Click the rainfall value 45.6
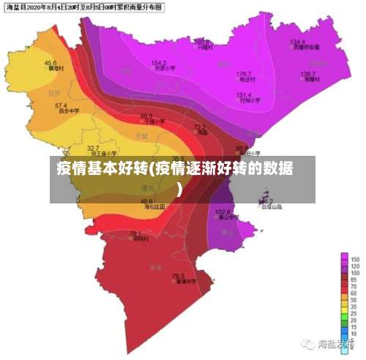tap(51, 63)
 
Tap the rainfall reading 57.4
tap(61, 106)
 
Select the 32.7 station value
tap(93, 148)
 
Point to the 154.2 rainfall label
tap(159, 63)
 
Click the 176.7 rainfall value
tap(244, 74)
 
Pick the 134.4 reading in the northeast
tap(297, 42)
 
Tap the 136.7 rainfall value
tap(307, 74)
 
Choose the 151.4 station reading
tap(244, 95)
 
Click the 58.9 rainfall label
tap(146, 116)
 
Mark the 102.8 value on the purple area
tap(223, 211)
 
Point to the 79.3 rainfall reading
tap(178, 276)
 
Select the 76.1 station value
tap(135, 233)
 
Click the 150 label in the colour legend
tap(354, 260)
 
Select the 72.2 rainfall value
tap(199, 127)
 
